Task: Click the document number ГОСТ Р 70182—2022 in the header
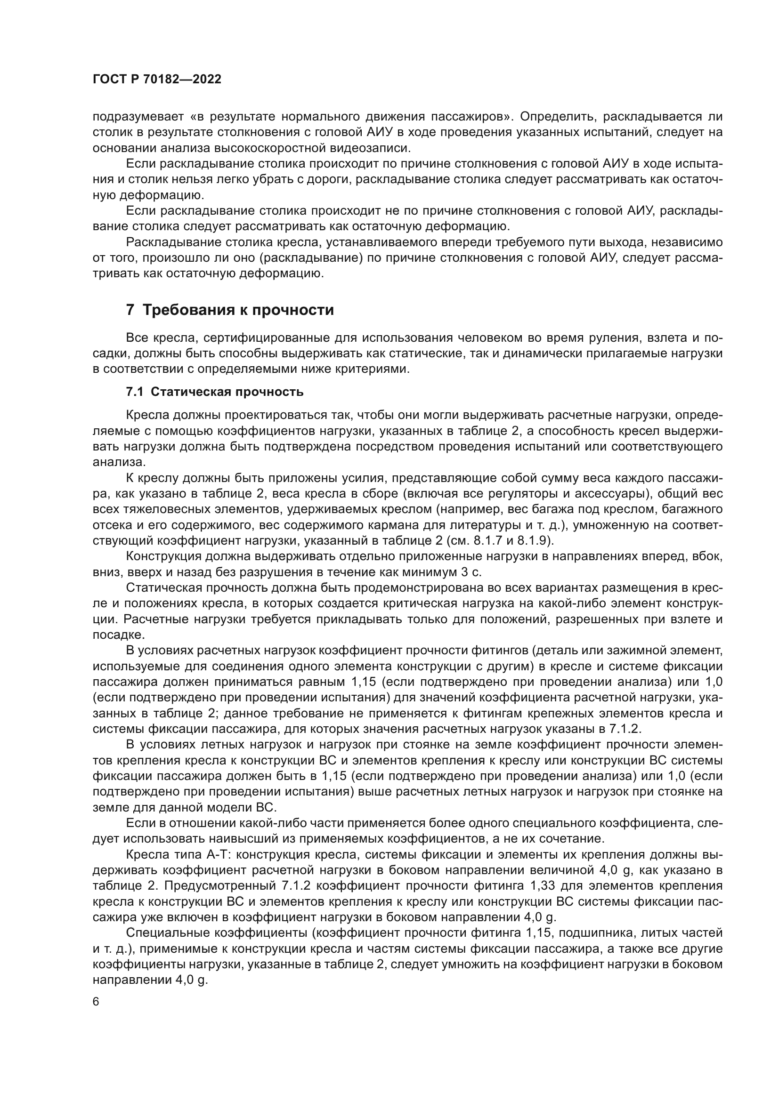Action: (157, 80)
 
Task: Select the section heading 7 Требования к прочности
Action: (230, 310)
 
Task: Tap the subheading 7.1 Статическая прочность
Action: (214, 392)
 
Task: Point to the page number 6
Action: (96, 1002)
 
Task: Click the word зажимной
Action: (637, 650)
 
